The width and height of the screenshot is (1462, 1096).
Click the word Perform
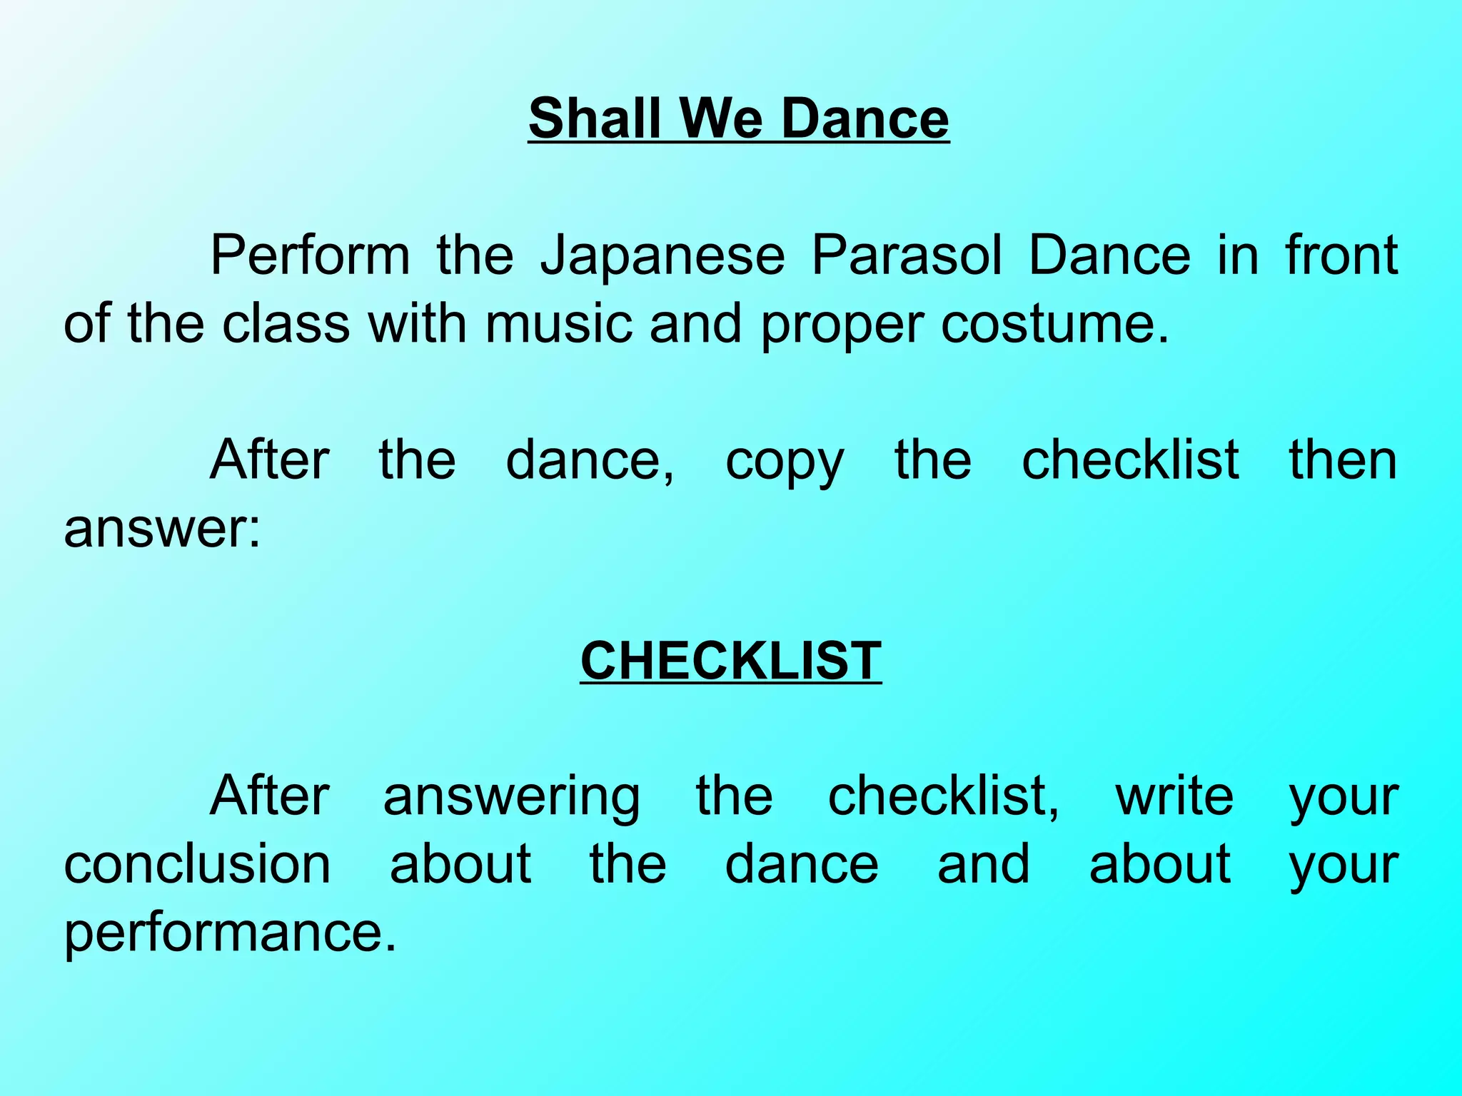310,255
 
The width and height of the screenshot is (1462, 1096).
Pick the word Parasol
907,255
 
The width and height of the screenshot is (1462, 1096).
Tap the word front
1341,255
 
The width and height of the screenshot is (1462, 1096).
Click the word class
286,323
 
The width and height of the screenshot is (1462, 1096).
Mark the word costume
1054,323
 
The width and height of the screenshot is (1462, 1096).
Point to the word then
1342,460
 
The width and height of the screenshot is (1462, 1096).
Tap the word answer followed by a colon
162,529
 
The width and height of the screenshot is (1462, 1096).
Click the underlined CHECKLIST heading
731,660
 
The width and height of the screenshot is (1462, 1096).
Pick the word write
1174,796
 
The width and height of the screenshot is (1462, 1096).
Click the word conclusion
197,864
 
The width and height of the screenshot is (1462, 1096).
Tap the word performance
229,933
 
